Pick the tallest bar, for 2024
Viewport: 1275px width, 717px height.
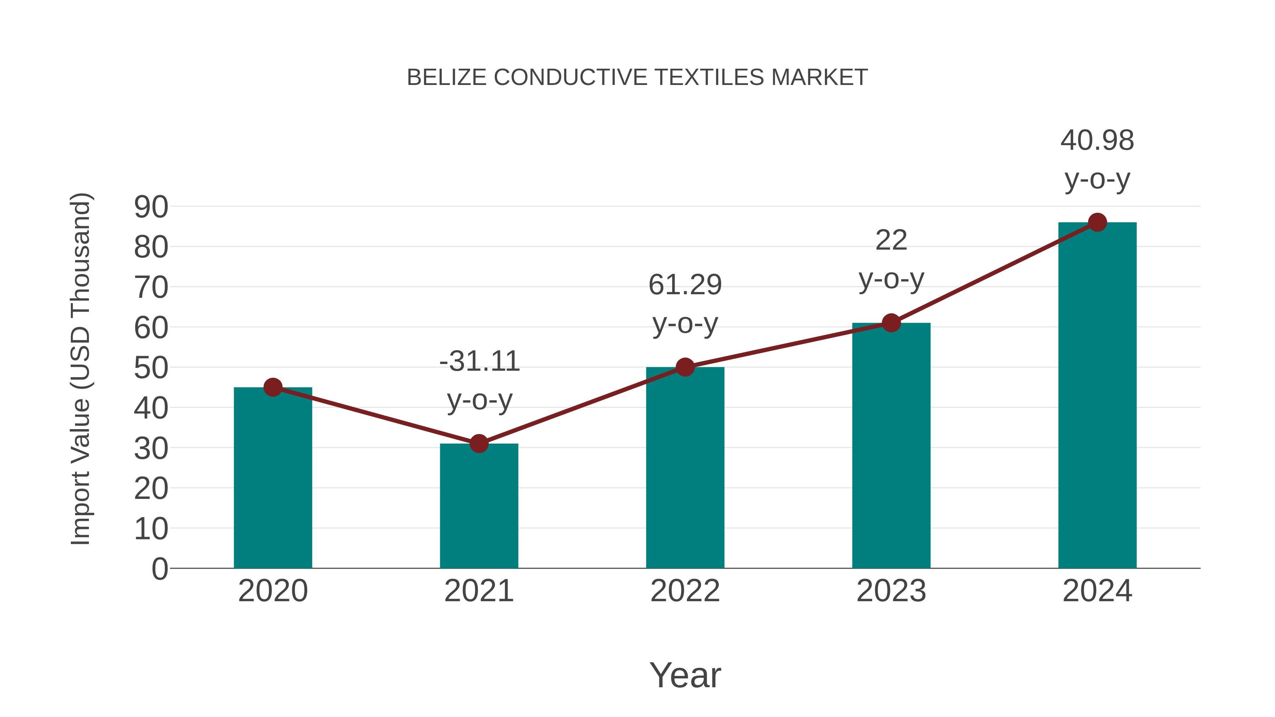pos(1097,396)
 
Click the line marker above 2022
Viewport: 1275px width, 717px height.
pos(685,367)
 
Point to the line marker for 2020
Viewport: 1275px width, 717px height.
pos(273,387)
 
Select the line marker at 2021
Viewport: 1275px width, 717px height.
pos(478,444)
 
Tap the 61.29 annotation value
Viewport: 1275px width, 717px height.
pos(685,285)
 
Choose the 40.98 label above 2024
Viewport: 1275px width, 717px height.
pos(1097,141)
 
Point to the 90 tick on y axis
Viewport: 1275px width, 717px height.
pos(151,207)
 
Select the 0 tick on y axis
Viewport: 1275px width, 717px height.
pos(159,569)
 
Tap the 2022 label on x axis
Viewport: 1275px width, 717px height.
pos(685,591)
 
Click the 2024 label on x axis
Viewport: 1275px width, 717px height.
pos(1097,591)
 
